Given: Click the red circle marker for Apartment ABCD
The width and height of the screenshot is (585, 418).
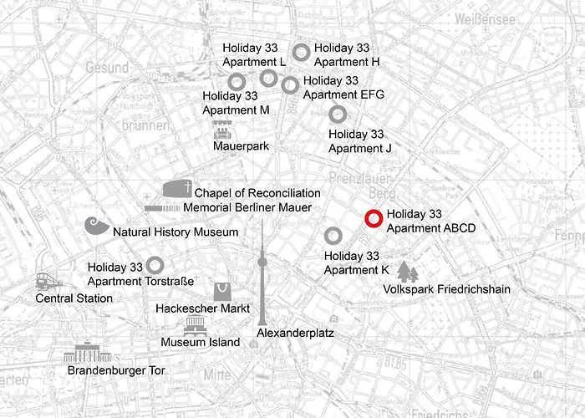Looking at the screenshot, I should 374,219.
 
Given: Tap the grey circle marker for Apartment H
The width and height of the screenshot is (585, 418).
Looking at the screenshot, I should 302,52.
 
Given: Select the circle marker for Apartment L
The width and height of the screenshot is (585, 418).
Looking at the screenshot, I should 268,78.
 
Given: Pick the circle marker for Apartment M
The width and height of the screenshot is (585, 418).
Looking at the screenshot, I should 237,81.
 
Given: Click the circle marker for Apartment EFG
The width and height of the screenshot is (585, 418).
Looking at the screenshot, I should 290,84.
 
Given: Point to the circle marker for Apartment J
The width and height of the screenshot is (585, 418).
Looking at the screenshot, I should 337,114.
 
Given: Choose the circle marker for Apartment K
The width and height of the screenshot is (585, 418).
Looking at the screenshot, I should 333,235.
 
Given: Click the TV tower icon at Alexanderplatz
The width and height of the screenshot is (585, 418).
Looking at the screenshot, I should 262,276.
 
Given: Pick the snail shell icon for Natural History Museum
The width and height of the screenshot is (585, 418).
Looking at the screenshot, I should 97,227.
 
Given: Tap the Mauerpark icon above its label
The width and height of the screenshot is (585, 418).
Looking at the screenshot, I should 223,130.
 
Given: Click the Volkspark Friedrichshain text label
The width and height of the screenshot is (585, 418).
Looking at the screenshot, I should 446,289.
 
